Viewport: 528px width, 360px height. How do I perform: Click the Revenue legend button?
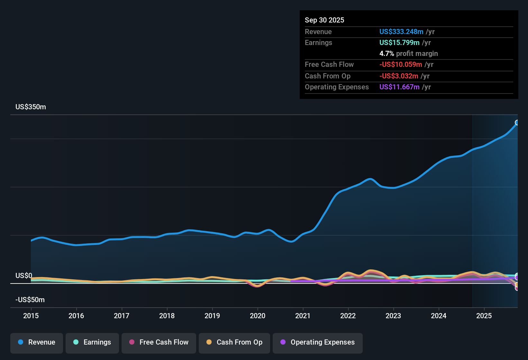[37, 342]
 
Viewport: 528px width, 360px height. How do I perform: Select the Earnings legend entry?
[92, 342]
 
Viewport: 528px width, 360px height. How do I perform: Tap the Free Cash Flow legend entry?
[159, 342]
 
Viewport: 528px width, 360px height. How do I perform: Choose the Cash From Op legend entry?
[234, 342]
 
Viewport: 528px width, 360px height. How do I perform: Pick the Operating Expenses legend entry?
[318, 342]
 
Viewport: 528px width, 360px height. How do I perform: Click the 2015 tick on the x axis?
[31, 316]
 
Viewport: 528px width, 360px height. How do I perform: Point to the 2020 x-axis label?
[258, 316]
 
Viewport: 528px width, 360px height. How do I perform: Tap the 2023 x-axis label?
[393, 316]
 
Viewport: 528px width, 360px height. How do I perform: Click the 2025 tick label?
[484, 316]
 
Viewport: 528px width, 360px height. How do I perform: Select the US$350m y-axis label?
[31, 107]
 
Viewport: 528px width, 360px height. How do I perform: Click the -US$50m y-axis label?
[30, 300]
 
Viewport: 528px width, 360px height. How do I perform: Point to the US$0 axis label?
[24, 276]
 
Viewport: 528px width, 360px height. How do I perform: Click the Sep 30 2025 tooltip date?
[324, 20]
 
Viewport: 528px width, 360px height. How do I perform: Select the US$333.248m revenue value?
[401, 32]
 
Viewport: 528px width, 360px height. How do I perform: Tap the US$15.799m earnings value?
[399, 43]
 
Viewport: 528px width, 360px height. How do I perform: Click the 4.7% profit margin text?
[408, 54]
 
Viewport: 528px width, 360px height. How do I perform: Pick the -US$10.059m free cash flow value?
[400, 65]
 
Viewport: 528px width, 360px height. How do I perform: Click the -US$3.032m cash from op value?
[398, 76]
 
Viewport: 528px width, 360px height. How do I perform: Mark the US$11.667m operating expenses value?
[399, 87]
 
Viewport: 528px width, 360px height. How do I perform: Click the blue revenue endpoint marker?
[517, 122]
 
